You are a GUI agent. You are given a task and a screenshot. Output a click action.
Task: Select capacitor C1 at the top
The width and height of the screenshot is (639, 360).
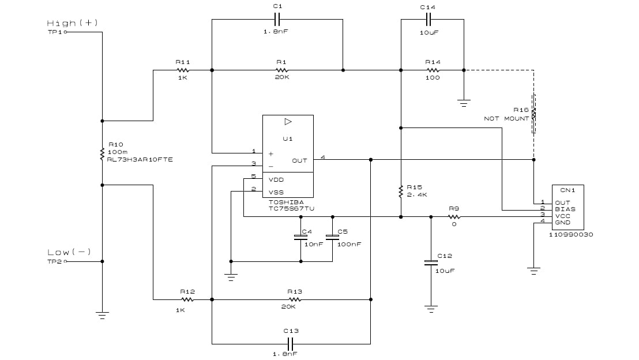coord(277,18)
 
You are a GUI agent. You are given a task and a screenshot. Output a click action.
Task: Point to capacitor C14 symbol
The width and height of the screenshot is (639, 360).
coord(428,18)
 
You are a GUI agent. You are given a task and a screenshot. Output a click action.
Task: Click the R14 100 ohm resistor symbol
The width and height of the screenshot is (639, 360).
coord(432,70)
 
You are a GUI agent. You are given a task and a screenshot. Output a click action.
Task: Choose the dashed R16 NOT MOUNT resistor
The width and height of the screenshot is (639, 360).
coord(533,114)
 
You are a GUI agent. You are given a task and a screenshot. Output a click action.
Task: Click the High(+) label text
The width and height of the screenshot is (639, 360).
coord(73,23)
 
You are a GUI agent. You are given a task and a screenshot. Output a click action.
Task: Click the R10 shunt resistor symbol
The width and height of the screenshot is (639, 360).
coord(102,153)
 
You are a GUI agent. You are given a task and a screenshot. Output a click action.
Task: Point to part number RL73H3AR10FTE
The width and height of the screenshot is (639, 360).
coord(141,159)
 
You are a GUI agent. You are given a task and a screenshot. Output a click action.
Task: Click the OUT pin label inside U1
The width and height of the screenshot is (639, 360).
coord(299,161)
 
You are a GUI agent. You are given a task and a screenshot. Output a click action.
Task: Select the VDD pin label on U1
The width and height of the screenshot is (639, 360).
coord(276,180)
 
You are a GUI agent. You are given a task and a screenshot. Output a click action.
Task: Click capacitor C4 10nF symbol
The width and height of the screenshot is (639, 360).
coord(300,237)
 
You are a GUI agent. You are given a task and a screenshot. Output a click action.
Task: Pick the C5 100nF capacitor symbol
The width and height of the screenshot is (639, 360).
coord(332,237)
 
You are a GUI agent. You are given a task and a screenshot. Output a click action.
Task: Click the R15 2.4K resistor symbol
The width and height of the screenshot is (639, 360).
coord(400,191)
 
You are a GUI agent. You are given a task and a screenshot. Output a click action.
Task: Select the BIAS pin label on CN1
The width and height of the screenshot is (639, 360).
coord(565,209)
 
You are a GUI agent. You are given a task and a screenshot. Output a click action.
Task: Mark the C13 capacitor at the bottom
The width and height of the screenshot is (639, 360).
coord(291,344)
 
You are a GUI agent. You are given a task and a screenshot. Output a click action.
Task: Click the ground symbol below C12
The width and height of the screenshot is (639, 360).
coord(430,308)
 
